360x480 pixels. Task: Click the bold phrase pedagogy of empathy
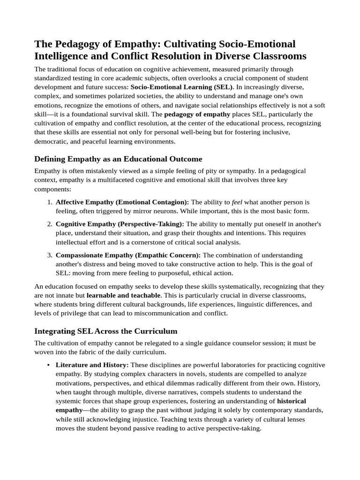coord(197,114)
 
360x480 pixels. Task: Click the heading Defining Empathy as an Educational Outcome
coord(118,159)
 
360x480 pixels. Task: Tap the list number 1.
coord(50,202)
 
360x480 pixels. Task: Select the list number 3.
coord(50,255)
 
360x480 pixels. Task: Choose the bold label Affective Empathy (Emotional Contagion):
coord(122,202)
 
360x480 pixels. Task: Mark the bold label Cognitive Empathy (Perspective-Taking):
coord(120,224)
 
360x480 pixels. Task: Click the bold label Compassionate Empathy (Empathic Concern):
coord(128,255)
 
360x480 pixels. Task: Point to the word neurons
coord(153,211)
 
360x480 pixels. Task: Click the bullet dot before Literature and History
coord(49,365)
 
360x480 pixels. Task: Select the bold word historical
coord(292,401)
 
